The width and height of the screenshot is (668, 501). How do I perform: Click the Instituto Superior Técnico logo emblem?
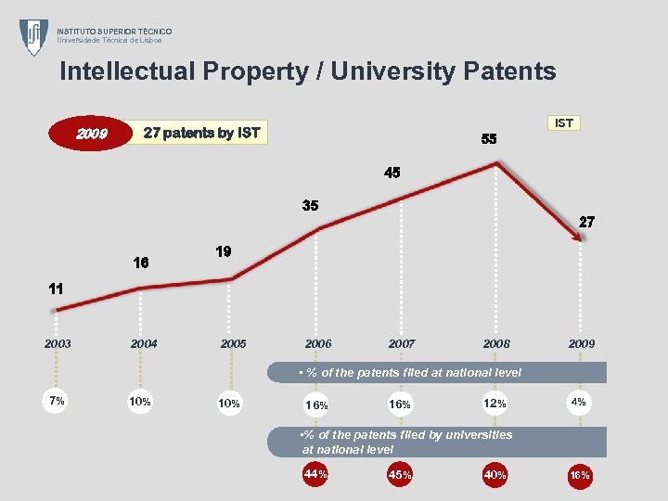[x=34, y=37]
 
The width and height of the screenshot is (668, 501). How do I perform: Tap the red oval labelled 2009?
[x=91, y=135]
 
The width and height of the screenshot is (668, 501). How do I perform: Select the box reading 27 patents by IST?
[x=201, y=134]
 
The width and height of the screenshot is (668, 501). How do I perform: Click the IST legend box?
[x=563, y=122]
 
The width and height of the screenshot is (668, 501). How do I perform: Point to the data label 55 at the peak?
[x=489, y=139]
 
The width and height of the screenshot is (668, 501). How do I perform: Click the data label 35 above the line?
[x=310, y=206]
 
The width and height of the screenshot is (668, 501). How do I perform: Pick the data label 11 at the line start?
[x=56, y=289]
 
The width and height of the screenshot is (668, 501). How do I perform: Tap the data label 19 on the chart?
[x=223, y=252]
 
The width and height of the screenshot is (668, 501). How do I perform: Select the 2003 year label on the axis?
[x=57, y=343]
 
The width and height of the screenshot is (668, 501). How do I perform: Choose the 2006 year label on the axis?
[x=318, y=343]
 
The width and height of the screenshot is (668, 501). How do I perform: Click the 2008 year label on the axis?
[x=496, y=343]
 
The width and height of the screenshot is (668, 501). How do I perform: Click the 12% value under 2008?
[x=495, y=405]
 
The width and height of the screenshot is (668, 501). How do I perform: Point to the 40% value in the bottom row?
[x=495, y=475]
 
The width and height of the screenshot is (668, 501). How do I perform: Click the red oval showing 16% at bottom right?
[x=581, y=475]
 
